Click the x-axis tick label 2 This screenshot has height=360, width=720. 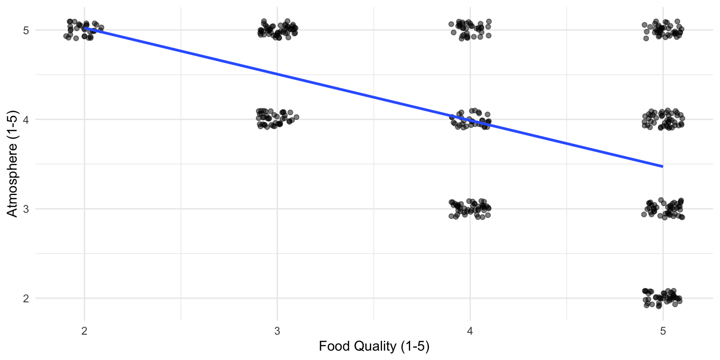(x=84, y=330)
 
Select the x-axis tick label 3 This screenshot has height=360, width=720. (x=277, y=330)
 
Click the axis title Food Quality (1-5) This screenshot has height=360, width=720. (x=374, y=347)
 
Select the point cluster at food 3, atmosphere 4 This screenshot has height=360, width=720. (x=276, y=118)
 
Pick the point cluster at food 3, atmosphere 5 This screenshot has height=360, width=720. (x=278, y=30)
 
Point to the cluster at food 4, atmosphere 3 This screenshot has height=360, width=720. (x=470, y=209)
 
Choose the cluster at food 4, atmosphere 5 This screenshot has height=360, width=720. (x=470, y=30)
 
